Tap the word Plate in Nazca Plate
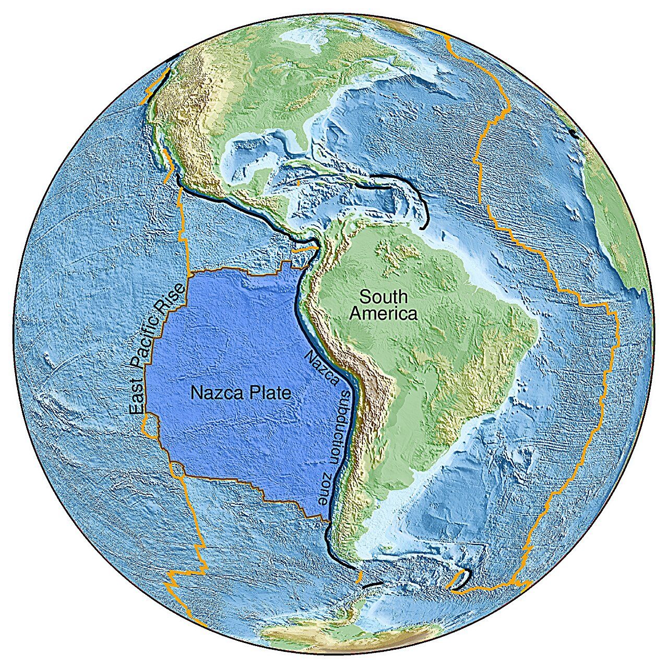coord(268,393)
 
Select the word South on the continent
coord(384,297)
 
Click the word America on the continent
coord(384,314)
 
